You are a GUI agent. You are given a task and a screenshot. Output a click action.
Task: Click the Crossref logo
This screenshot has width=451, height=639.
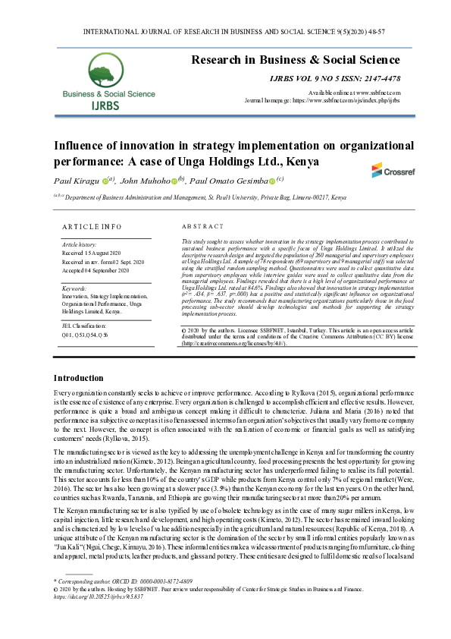click(388, 171)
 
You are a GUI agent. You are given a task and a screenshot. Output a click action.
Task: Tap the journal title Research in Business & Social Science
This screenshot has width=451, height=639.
click(295, 59)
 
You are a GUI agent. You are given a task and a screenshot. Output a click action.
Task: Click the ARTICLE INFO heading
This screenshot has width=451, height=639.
click(90, 226)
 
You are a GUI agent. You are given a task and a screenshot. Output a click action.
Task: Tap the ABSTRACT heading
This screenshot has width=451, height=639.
click(203, 226)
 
